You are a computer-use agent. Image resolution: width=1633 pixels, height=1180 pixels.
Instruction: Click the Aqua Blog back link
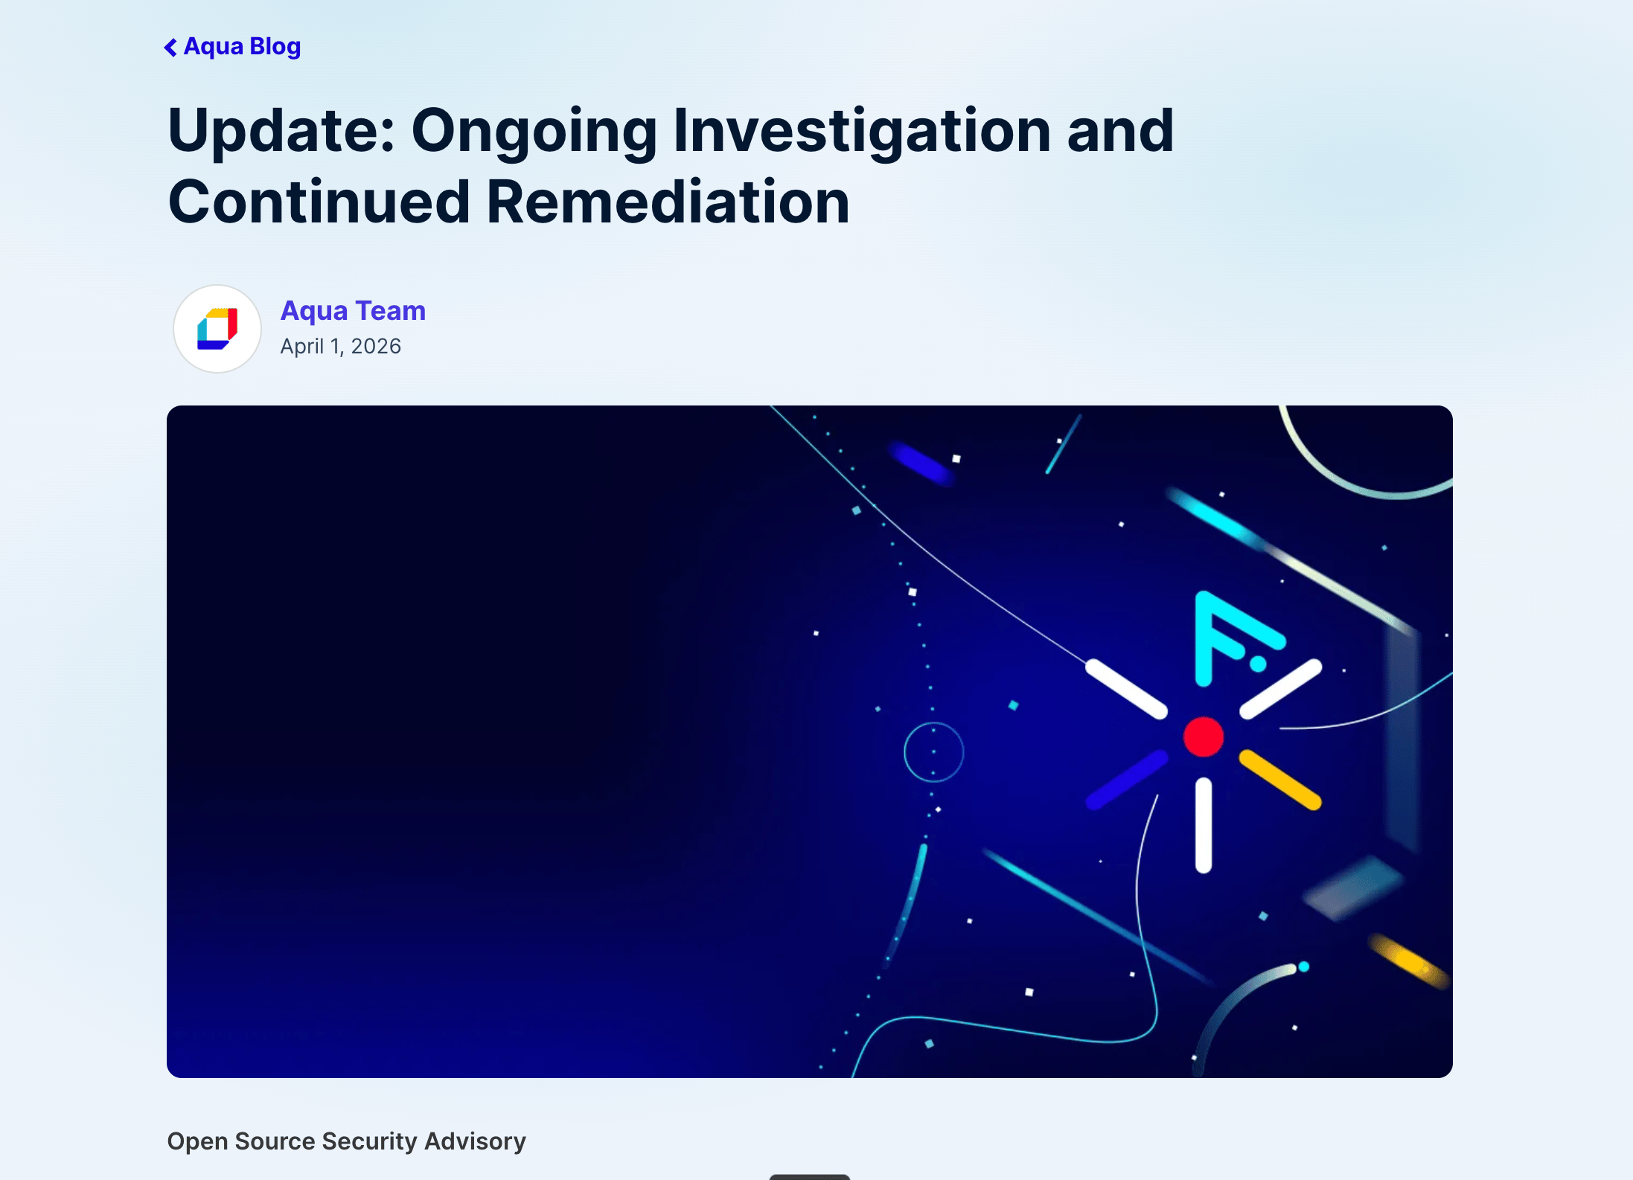coord(232,47)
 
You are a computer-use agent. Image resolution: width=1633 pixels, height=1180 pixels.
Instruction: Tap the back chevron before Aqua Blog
coord(170,48)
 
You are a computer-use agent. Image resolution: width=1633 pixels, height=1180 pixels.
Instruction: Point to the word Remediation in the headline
coord(668,202)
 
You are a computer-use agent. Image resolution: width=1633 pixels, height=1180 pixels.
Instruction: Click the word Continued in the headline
coord(319,202)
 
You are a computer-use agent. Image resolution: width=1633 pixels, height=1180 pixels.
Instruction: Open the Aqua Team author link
coord(353,310)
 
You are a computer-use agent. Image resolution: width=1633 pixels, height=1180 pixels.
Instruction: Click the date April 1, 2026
coord(340,346)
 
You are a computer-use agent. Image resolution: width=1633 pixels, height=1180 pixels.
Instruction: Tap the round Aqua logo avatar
coord(217,329)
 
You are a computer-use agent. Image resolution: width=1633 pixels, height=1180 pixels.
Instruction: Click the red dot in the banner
coord(1204,737)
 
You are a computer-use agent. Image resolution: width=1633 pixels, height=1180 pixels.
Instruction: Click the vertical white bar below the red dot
coord(1204,825)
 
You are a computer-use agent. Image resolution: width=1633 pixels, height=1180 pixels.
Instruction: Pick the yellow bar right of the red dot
coord(1280,780)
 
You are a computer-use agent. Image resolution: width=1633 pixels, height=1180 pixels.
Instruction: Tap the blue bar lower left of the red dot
coord(1127,780)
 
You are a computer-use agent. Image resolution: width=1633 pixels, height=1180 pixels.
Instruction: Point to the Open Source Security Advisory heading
coord(346,1141)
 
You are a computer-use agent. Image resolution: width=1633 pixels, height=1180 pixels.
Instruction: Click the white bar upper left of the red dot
coord(1126,689)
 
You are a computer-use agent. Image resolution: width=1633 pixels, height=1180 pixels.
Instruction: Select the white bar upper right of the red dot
coord(1281,689)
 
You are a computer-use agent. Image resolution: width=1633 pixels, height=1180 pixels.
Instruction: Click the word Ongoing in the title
coord(534,132)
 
